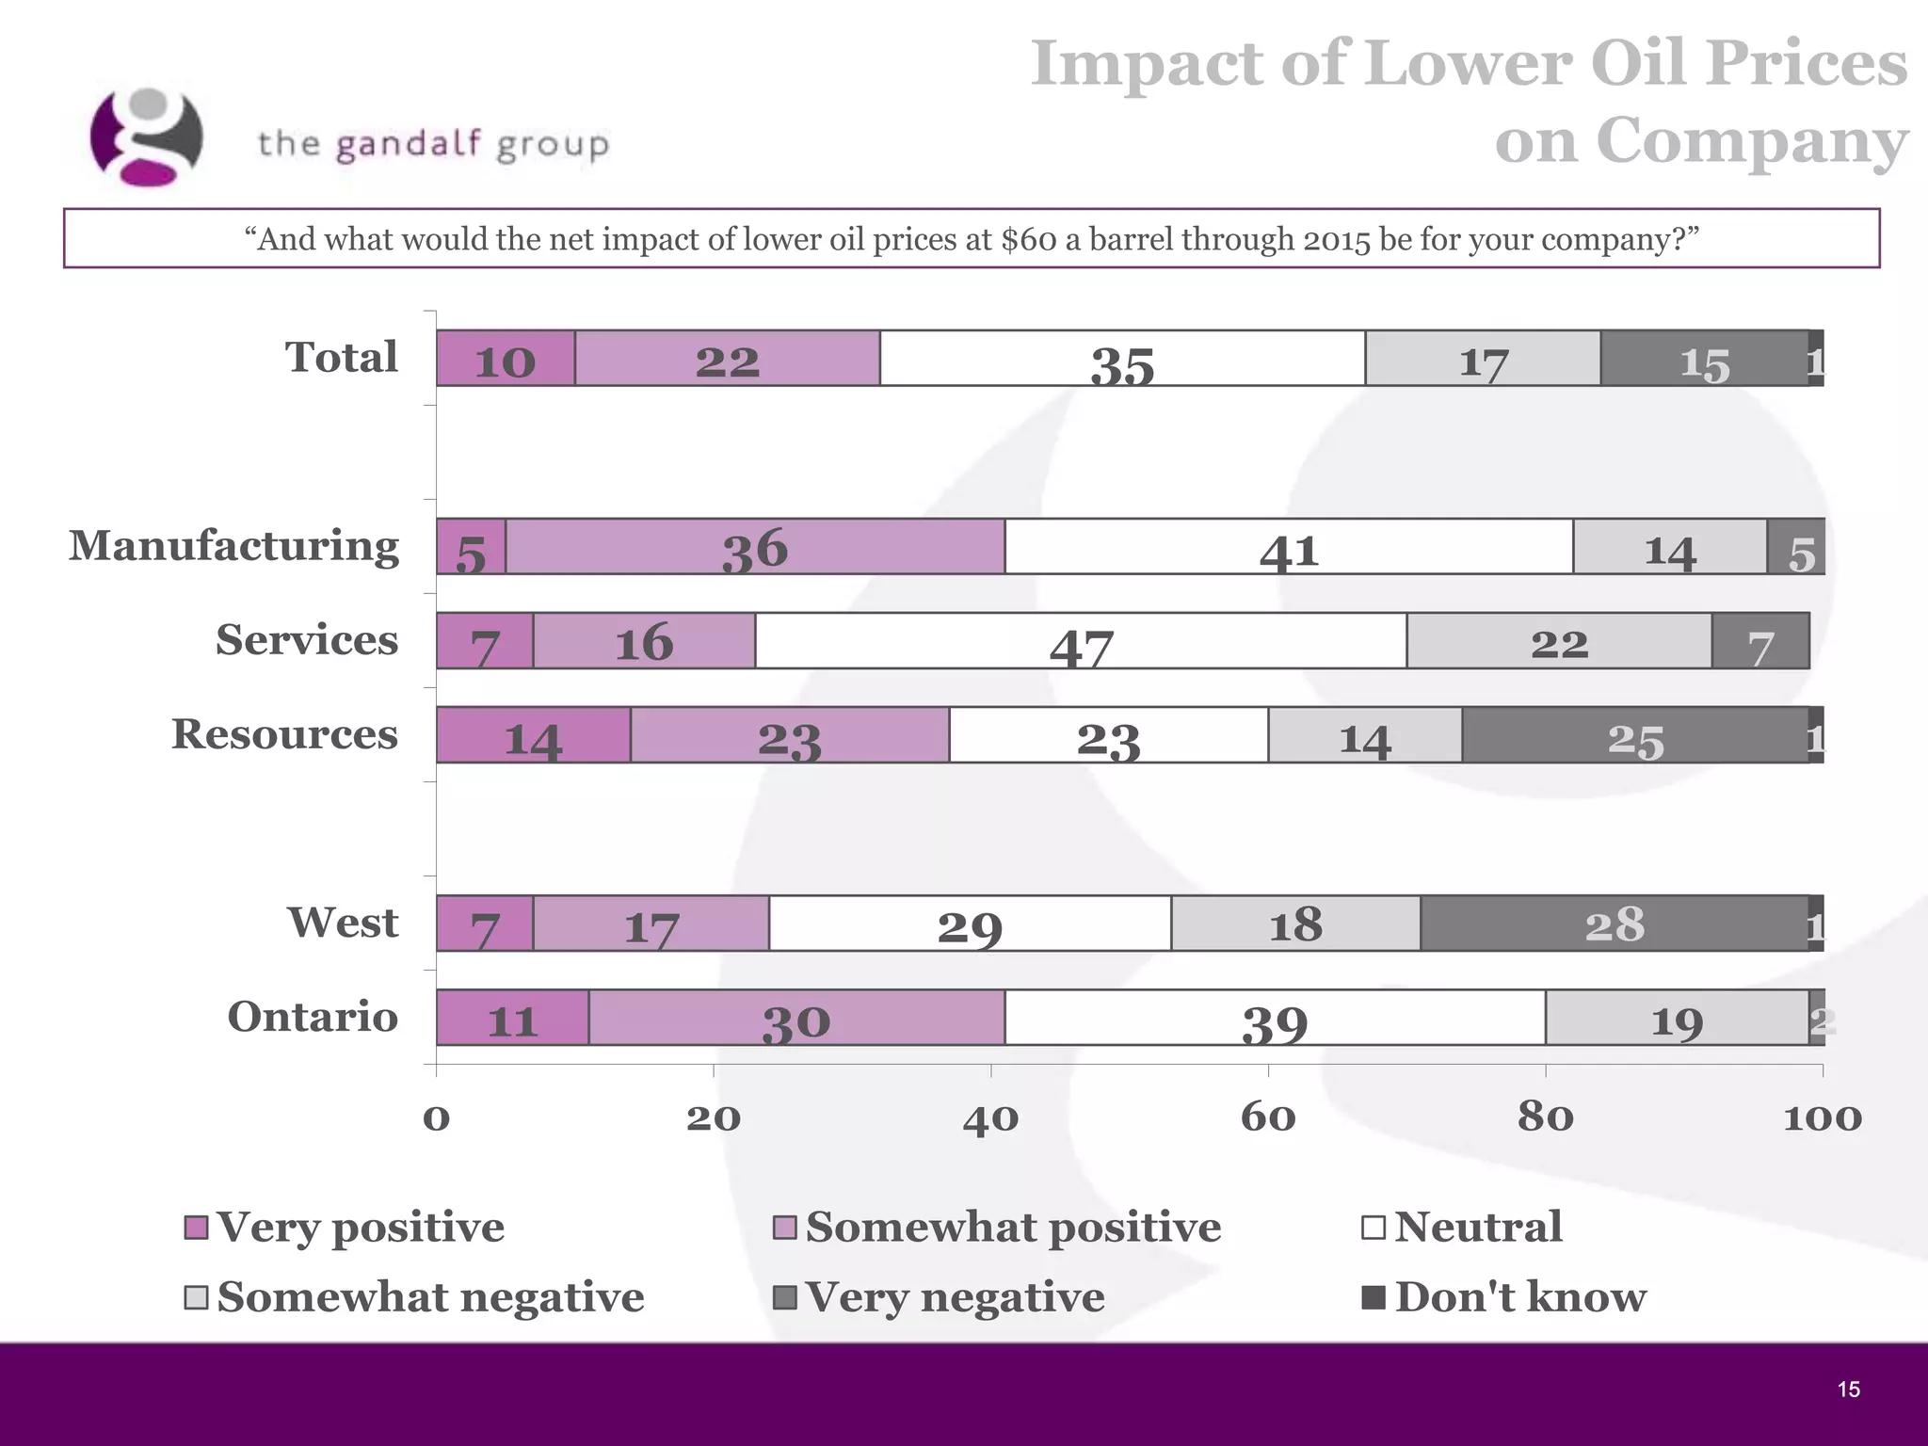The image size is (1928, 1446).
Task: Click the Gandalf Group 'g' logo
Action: coord(147,137)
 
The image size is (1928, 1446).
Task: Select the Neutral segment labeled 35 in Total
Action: coord(1122,359)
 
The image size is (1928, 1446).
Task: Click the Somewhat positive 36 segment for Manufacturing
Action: coord(755,547)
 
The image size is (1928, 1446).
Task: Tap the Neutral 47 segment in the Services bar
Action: coord(1081,641)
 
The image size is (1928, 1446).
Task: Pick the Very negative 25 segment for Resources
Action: coord(1635,735)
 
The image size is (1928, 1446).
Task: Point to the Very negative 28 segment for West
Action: coord(1615,924)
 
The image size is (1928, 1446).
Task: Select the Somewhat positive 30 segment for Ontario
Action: coord(796,1018)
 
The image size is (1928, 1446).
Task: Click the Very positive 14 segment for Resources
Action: coord(533,735)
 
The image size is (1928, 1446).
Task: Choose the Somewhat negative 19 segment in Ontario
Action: coord(1677,1018)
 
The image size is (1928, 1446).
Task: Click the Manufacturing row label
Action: coord(233,546)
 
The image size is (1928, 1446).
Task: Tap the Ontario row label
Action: coord(313,1017)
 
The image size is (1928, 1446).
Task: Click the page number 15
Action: coord(1848,1390)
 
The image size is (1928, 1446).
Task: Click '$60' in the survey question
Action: coord(1029,239)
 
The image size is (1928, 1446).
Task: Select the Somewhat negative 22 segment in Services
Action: coord(1559,641)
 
